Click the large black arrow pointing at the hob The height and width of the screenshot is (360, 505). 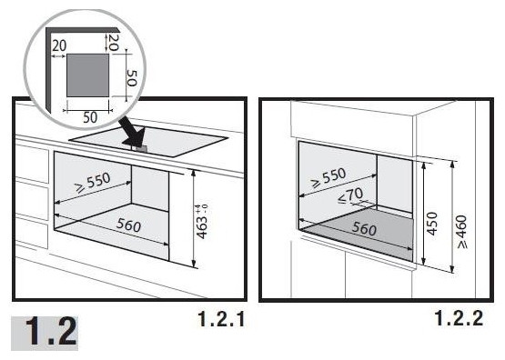133,134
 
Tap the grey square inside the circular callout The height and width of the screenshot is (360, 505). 87,75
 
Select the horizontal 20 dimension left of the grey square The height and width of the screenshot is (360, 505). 59,45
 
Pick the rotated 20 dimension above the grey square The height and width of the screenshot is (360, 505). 113,42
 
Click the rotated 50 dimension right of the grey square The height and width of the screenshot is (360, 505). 131,78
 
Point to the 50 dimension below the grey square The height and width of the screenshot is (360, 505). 90,117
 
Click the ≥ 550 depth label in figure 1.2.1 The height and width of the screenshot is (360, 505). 93,182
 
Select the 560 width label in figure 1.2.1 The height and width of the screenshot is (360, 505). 128,225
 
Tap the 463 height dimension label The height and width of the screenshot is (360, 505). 202,221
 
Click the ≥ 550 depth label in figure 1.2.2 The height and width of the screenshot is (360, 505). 328,177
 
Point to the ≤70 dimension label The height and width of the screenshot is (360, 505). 350,195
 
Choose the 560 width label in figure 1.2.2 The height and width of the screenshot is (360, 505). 364,228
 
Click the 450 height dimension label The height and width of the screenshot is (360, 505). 432,224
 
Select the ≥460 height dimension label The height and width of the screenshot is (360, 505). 461,232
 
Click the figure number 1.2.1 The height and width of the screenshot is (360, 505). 221,319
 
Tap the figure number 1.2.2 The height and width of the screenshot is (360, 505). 460,318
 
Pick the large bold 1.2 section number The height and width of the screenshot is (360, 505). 51,332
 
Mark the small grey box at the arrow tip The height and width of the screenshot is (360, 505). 141,148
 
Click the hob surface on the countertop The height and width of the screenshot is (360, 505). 149,141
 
